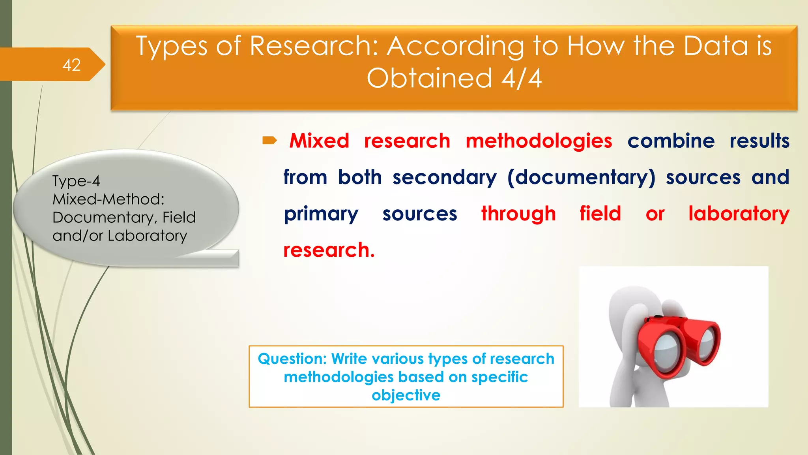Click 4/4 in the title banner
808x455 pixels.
tap(522, 78)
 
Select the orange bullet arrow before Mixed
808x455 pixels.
tap(270, 140)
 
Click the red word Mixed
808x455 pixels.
tap(319, 141)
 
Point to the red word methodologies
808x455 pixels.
tap(539, 141)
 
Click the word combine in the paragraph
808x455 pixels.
tap(671, 141)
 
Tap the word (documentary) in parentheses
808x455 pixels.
tap(581, 177)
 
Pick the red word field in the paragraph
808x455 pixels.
tap(600, 214)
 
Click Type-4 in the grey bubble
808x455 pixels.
tap(76, 181)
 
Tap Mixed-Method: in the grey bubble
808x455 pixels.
tap(108, 199)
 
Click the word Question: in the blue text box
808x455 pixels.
tap(292, 359)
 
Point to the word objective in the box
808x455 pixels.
tap(406, 395)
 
